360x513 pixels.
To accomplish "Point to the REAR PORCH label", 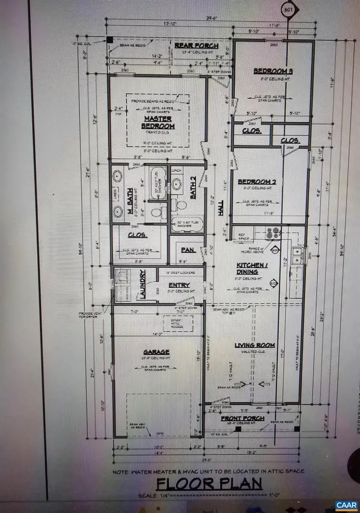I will pos(196,46).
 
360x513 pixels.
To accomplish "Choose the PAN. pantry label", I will pos(186,249).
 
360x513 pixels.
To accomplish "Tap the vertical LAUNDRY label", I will pos(141,285).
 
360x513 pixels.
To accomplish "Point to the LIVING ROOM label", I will pos(255,345).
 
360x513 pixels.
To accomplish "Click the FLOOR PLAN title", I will pos(209,484).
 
